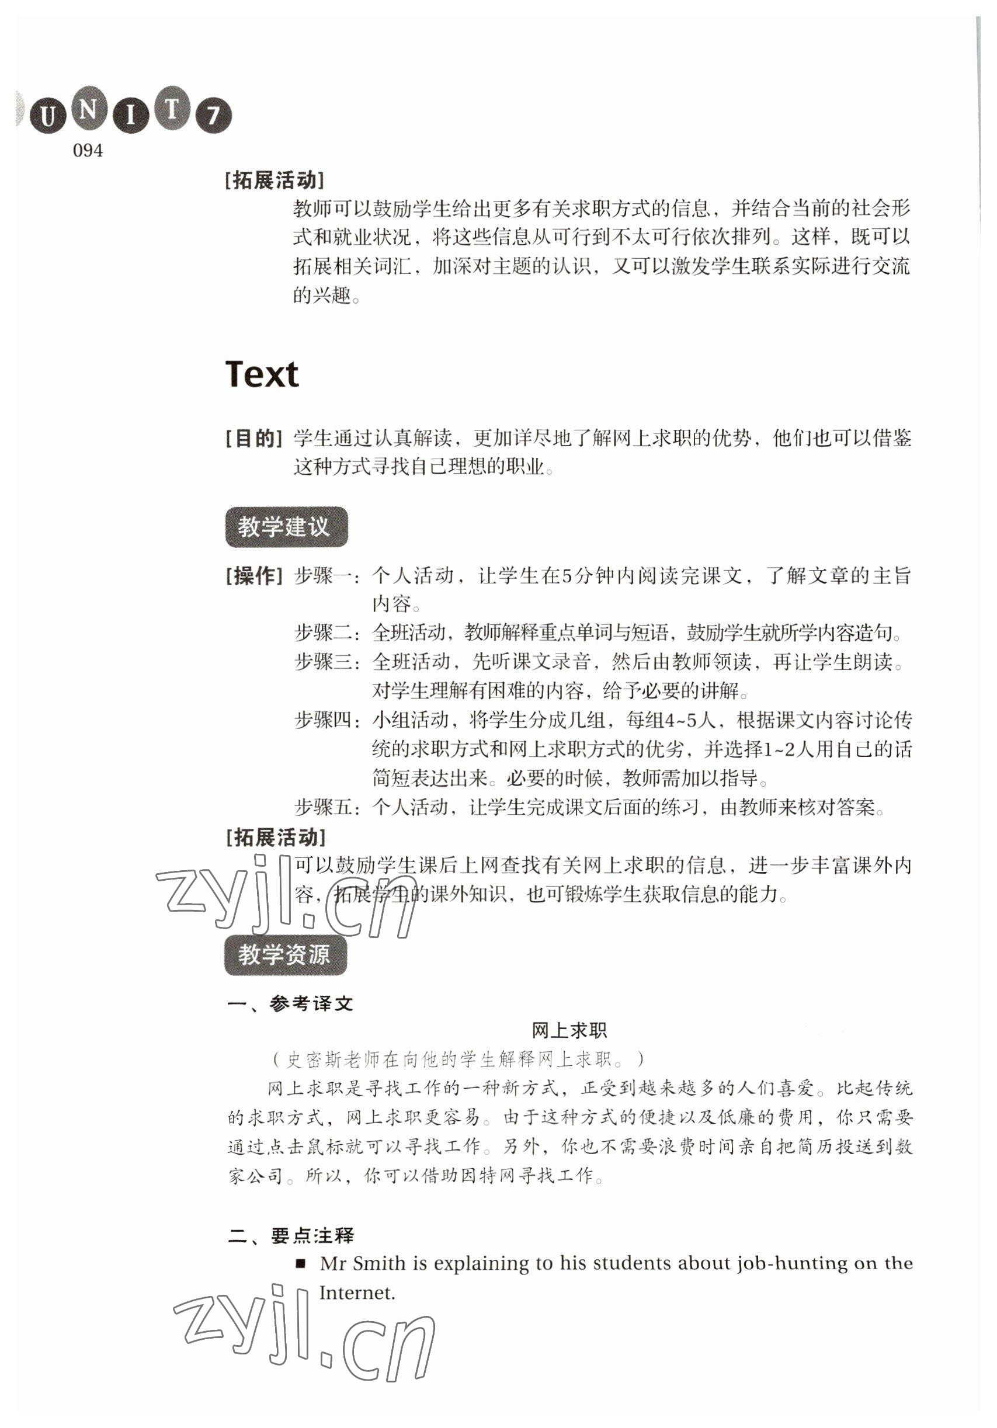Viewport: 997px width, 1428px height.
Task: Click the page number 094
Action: (88, 151)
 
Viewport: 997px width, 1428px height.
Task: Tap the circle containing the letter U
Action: (47, 116)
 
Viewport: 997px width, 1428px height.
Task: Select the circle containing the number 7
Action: (213, 116)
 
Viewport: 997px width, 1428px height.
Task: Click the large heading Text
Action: (262, 374)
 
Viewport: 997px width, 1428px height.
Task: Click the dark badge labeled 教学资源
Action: (286, 955)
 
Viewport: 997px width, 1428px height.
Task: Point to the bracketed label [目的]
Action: (253, 439)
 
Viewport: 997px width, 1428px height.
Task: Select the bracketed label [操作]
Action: (253, 576)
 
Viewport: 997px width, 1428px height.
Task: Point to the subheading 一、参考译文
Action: (290, 1003)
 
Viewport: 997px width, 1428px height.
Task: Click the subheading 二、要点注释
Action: (290, 1235)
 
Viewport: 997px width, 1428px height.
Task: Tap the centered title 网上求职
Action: (568, 1031)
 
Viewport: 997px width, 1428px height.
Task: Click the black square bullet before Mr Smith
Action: (301, 1263)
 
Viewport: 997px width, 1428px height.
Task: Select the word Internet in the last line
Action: (357, 1293)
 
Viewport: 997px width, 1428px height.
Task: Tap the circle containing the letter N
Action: (88, 109)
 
